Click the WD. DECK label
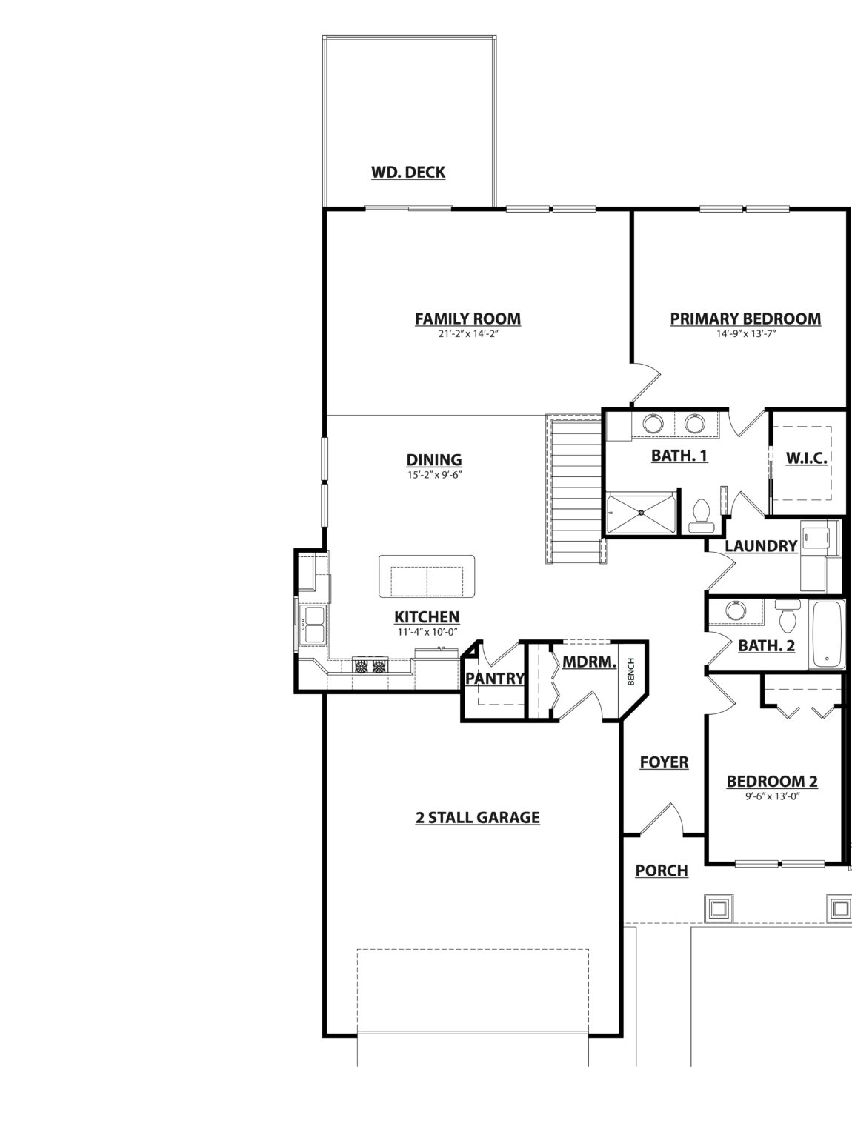(x=408, y=173)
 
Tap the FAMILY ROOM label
(x=467, y=319)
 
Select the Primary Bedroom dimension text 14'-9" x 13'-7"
(x=746, y=333)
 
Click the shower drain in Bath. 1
(x=641, y=513)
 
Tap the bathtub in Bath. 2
(x=827, y=634)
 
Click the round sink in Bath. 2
(x=736, y=610)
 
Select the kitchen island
(x=427, y=576)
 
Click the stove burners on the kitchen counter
(x=370, y=665)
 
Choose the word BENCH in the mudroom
(x=630, y=671)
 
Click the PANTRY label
(x=495, y=678)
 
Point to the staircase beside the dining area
(x=575, y=488)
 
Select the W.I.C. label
(x=806, y=458)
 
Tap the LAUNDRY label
(x=760, y=545)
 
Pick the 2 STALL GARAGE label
(x=477, y=818)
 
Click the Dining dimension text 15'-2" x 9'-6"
(x=434, y=474)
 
